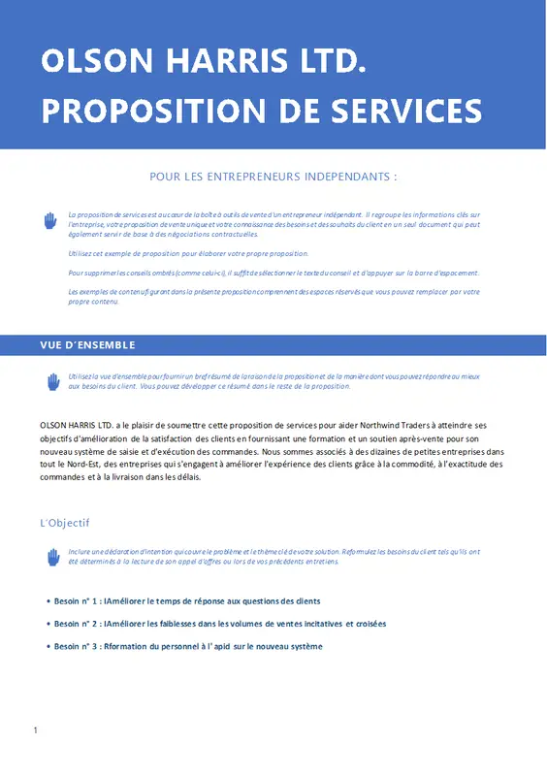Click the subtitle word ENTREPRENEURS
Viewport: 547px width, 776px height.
[256, 177]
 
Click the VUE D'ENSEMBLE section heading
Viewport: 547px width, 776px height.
[87, 345]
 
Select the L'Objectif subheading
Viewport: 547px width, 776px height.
[65, 523]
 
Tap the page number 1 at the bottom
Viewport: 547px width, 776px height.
[35, 729]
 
